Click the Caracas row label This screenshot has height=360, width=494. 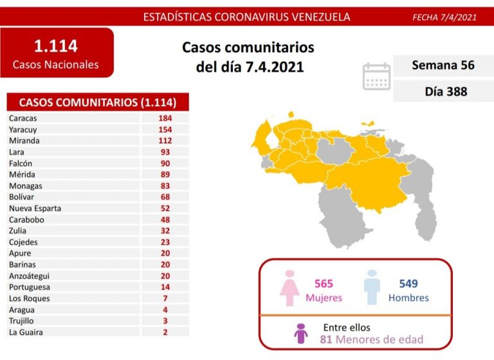23,118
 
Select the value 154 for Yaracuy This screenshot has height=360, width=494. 165,129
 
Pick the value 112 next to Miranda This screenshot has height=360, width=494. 165,141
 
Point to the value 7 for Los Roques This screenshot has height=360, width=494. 165,298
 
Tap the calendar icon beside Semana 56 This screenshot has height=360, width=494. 376,76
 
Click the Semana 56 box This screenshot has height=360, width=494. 443,66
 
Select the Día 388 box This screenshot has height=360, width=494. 443,91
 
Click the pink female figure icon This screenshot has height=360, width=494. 289,288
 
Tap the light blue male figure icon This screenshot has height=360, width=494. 372,287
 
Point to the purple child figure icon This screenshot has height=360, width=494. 300,333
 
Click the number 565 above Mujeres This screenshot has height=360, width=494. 324,283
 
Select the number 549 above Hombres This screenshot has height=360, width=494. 408,283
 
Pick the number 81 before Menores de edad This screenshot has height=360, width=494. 325,339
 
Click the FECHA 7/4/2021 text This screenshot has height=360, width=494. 444,17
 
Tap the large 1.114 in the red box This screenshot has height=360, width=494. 55,46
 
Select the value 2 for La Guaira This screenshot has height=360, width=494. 165,332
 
